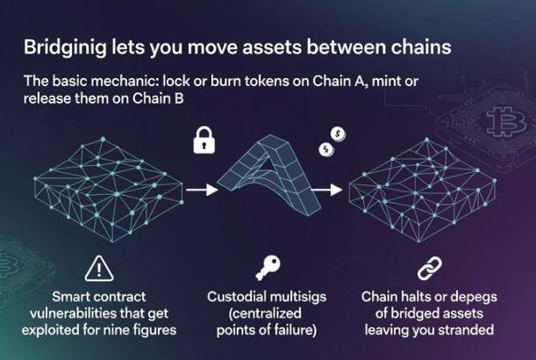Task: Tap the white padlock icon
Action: (204, 140)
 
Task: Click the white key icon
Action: (266, 267)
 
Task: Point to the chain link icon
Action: (428, 266)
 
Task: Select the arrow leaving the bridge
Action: (327, 188)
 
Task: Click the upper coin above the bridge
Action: (336, 133)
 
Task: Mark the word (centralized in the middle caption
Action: (267, 313)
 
